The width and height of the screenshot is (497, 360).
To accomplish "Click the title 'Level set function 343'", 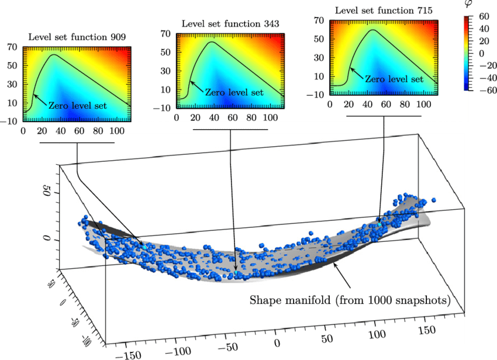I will [x=230, y=24].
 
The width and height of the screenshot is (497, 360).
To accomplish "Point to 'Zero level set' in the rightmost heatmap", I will [x=394, y=79].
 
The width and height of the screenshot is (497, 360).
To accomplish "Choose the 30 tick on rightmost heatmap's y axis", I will [x=317, y=58].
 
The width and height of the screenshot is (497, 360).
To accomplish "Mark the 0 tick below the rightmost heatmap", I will [x=330, y=105].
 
